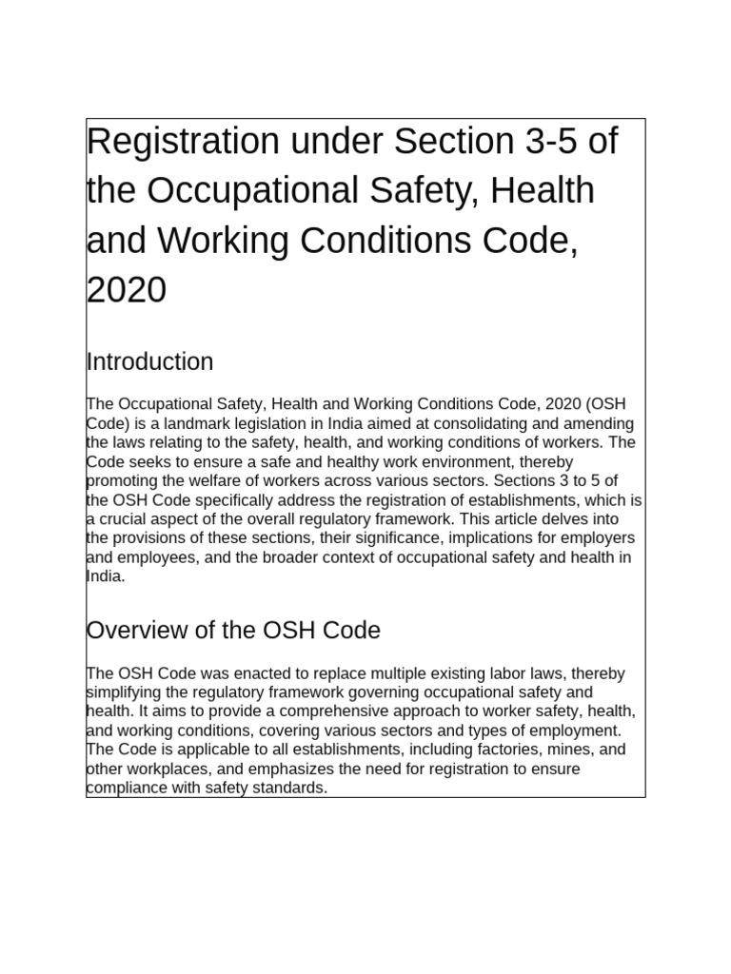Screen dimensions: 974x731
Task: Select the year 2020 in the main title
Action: (127, 290)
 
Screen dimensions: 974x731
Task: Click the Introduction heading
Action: (149, 362)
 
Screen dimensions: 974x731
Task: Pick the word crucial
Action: (125, 518)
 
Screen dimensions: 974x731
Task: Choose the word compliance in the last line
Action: (127, 788)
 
